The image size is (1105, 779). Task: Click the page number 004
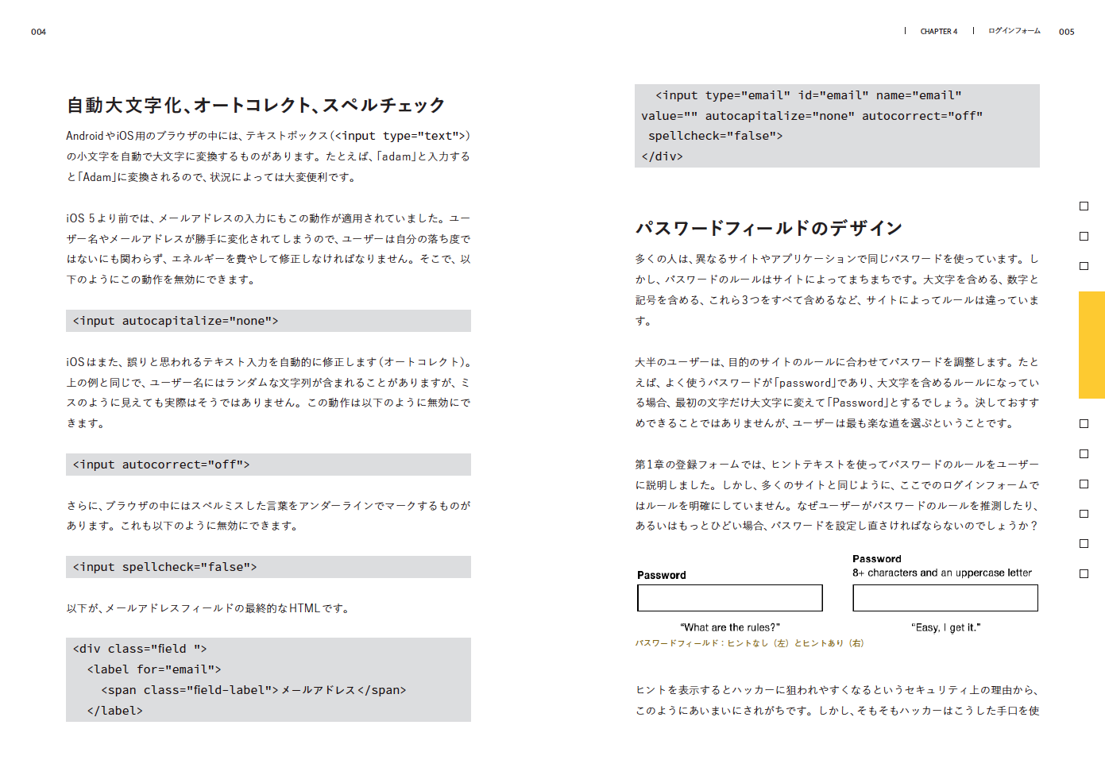click(x=38, y=32)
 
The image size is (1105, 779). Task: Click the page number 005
click(x=1066, y=32)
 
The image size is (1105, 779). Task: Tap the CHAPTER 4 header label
click(x=938, y=32)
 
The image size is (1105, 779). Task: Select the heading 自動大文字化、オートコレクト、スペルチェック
click(x=255, y=105)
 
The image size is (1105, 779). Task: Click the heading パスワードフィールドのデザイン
click(x=768, y=229)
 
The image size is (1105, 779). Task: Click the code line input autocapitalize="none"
click(x=176, y=321)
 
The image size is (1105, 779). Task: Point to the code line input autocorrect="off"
click(x=161, y=465)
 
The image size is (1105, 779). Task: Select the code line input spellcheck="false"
click(x=164, y=567)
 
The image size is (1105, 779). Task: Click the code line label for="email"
click(x=154, y=669)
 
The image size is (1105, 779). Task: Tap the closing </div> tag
click(x=662, y=156)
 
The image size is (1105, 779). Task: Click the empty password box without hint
click(x=729, y=598)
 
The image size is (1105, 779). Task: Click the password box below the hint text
click(x=945, y=598)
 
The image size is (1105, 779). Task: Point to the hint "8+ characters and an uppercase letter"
click(x=941, y=573)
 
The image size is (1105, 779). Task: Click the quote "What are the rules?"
click(x=729, y=627)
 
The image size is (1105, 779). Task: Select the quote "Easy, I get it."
click(x=945, y=627)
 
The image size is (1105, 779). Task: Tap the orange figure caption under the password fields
click(x=749, y=643)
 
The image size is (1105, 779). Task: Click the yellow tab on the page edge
click(x=1091, y=345)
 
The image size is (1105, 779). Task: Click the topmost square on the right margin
click(x=1084, y=206)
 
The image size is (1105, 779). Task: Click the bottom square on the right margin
click(x=1084, y=573)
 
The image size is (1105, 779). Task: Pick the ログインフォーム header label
click(x=1014, y=31)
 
